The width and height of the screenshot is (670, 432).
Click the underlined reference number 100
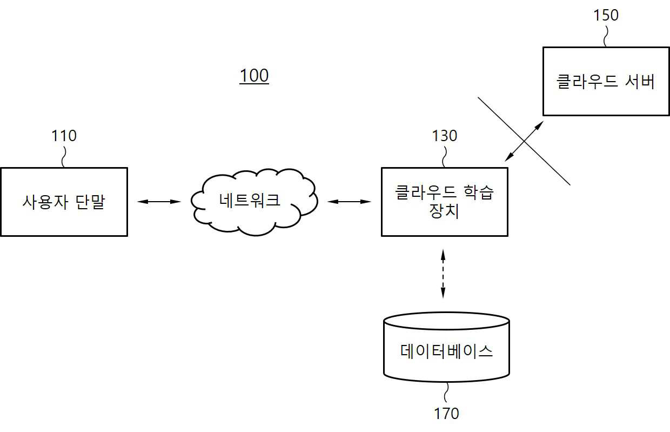pyautogui.click(x=254, y=76)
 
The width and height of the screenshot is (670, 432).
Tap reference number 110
pyautogui.click(x=64, y=136)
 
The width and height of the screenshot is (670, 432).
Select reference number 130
pyautogui.click(x=445, y=136)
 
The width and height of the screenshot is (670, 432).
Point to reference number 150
pyautogui.click(x=606, y=15)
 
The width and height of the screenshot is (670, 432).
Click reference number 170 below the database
pyautogui.click(x=446, y=414)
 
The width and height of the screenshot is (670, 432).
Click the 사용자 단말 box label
pyautogui.click(x=64, y=202)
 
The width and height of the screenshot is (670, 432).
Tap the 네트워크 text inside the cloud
pyautogui.click(x=250, y=200)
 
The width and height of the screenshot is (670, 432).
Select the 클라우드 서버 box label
pyautogui.click(x=605, y=82)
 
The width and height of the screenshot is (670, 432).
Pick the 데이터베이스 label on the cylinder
pyautogui.click(x=446, y=351)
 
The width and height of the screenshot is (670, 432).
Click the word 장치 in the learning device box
pyautogui.click(x=444, y=211)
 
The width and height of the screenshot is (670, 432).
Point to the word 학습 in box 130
pyautogui.click(x=478, y=192)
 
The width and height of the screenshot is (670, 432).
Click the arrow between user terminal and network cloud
pyautogui.click(x=159, y=202)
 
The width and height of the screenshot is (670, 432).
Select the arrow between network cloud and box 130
pyautogui.click(x=349, y=202)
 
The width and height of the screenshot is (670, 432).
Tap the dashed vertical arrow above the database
pyautogui.click(x=443, y=274)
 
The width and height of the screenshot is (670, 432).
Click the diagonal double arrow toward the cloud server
pyautogui.click(x=524, y=141)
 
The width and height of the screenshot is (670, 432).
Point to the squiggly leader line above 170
pyautogui.click(x=446, y=392)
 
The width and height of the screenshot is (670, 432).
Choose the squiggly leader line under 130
pyautogui.click(x=444, y=157)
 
